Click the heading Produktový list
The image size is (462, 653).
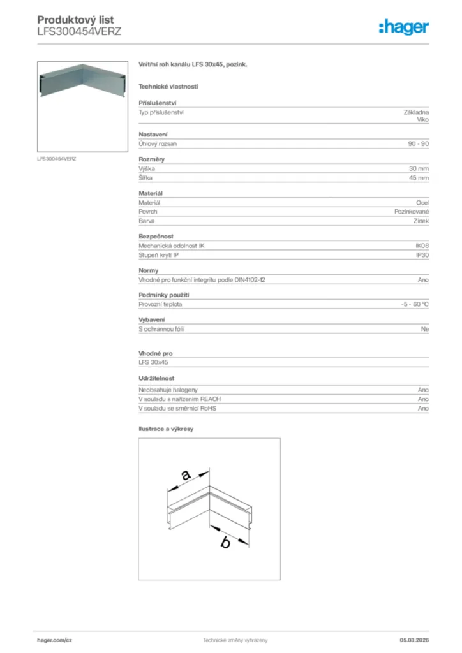(75, 20)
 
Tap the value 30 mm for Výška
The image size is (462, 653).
(419, 169)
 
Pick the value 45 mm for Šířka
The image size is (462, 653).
(419, 178)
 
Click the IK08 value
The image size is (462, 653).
(422, 246)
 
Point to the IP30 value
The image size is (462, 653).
(422, 255)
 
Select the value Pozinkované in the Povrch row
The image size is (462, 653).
(412, 212)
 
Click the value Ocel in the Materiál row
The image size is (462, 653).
(422, 202)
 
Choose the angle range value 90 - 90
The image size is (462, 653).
(418, 144)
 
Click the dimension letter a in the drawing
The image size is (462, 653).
(186, 475)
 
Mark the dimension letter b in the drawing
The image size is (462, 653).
(225, 543)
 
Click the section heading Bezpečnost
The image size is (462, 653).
(156, 237)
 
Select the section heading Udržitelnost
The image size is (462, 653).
(157, 378)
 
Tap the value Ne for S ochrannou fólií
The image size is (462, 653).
(424, 329)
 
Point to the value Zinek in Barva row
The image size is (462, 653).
(421, 221)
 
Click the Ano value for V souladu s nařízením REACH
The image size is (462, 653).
(423, 399)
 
